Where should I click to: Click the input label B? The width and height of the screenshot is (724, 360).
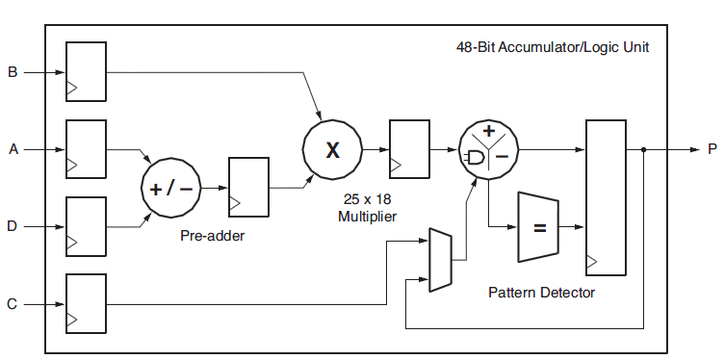[x=13, y=72]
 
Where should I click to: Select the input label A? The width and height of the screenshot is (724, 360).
[x=13, y=150]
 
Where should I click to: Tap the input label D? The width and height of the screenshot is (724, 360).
[x=13, y=227]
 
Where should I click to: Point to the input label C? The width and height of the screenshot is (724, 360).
[x=13, y=305]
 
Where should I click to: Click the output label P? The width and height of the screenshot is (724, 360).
[x=711, y=150]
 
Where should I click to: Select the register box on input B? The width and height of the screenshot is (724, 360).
[x=86, y=71]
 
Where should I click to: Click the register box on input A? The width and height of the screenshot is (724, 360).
[x=86, y=149]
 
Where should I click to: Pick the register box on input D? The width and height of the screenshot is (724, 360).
[x=86, y=227]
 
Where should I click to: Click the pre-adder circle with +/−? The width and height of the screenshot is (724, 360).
[x=171, y=188]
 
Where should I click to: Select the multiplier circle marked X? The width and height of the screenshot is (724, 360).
[x=332, y=149]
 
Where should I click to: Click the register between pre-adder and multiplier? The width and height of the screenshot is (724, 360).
[x=248, y=187]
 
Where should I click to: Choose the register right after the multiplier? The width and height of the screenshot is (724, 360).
[x=409, y=149]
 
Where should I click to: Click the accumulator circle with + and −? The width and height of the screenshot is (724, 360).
[x=489, y=149]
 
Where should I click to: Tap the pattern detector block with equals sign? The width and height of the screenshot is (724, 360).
[x=539, y=227]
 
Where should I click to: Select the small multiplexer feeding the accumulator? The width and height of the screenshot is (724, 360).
[x=440, y=260]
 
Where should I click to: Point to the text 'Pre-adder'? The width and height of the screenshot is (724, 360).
[x=213, y=236]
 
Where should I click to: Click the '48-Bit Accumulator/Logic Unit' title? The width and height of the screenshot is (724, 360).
[x=545, y=46]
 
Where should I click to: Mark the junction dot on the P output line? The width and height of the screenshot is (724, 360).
[x=644, y=149]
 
